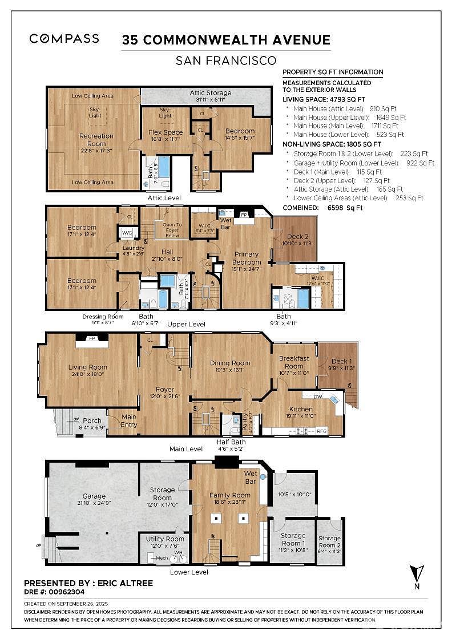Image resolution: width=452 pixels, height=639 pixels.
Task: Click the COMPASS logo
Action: (x=64, y=39)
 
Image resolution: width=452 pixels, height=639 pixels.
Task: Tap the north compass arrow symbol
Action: (x=415, y=573)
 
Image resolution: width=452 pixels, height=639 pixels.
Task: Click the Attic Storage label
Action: (x=210, y=92)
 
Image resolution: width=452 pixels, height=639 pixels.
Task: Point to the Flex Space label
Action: (x=166, y=132)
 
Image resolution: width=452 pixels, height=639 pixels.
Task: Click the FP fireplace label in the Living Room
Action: (x=92, y=338)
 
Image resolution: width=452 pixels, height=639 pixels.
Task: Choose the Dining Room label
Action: (x=230, y=363)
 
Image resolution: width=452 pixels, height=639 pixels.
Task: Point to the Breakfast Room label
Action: (x=294, y=362)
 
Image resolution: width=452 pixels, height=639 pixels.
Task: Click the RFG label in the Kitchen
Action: (x=322, y=431)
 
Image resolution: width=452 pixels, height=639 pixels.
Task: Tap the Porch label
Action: (x=92, y=421)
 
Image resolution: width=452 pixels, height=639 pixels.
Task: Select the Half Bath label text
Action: (x=231, y=442)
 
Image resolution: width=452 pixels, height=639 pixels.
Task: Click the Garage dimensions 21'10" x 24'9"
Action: (x=94, y=503)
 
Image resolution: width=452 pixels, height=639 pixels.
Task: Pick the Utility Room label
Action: (x=165, y=539)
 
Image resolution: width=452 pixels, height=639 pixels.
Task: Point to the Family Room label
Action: (x=230, y=495)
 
